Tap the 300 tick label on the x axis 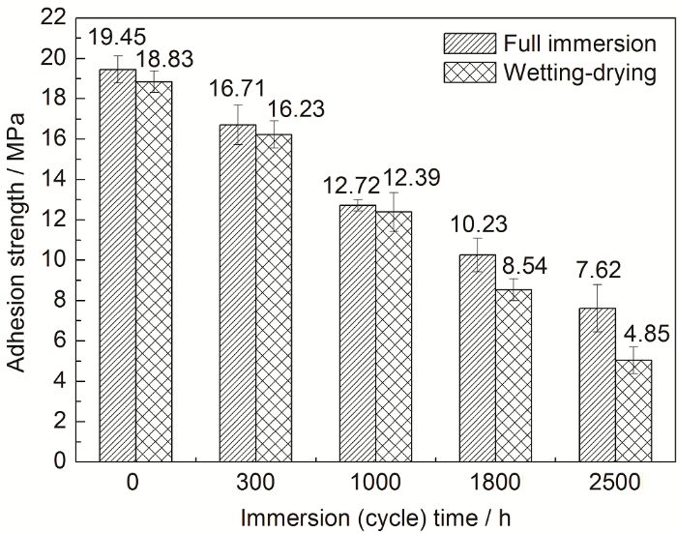(255, 482)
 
